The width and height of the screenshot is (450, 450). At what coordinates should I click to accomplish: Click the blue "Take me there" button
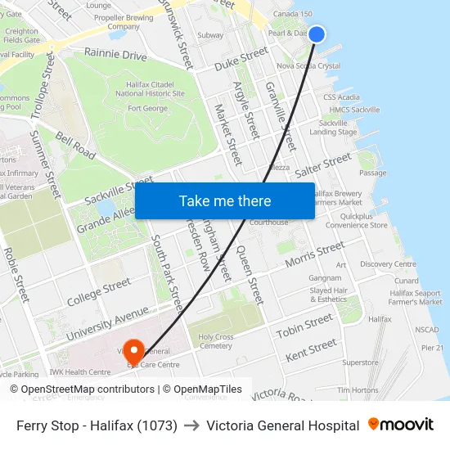[x=224, y=200]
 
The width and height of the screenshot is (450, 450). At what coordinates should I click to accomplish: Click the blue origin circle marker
[x=317, y=34]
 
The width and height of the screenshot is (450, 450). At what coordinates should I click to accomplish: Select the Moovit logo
[x=401, y=425]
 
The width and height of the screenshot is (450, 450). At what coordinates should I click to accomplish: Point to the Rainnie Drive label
[x=115, y=55]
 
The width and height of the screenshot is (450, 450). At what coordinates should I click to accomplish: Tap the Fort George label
[x=147, y=108]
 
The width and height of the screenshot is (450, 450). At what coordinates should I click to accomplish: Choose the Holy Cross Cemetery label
[x=216, y=340]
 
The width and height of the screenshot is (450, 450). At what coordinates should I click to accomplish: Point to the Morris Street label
[x=315, y=254]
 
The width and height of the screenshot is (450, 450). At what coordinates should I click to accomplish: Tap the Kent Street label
[x=311, y=349]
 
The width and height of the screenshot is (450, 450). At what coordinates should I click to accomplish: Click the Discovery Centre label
[x=388, y=264]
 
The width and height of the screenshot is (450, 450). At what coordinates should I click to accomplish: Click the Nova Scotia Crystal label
[x=308, y=65]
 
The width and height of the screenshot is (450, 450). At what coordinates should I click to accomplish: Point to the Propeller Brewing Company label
[x=124, y=21]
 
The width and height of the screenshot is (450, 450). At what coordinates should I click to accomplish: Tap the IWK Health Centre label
[x=79, y=372]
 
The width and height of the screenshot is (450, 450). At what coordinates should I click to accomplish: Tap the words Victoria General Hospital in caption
[x=283, y=425]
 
